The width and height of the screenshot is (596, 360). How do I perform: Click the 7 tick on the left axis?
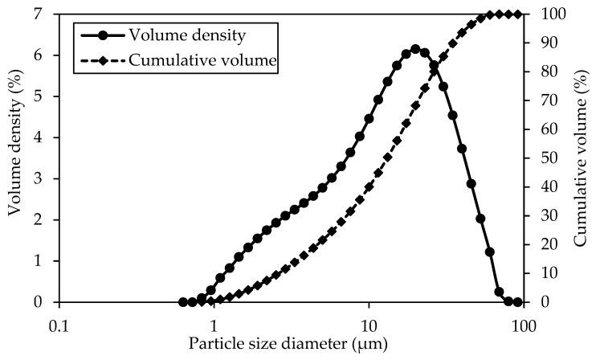point(39,14)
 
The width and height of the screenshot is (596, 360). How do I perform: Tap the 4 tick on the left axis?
point(39,137)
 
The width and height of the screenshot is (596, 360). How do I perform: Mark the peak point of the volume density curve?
point(415,49)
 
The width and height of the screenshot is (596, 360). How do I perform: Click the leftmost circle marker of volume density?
point(183,302)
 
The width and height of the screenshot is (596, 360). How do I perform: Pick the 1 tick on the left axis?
point(39,261)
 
